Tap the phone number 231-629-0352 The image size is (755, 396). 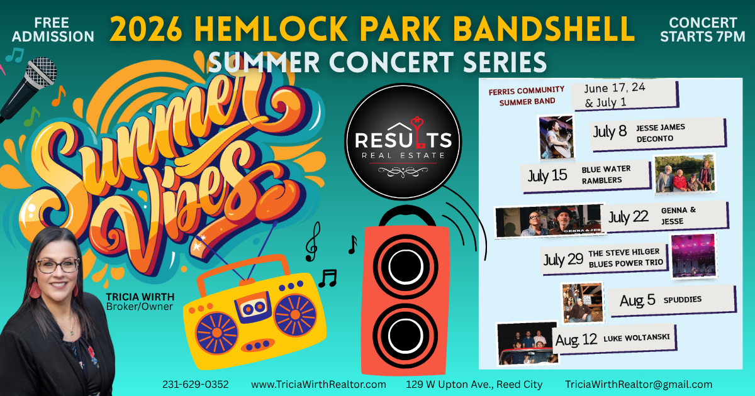point(196,384)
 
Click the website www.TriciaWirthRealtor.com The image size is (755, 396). point(318,384)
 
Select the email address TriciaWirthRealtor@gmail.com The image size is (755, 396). point(639,384)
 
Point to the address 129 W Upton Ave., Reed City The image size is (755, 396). point(474,384)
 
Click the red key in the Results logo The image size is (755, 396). point(418,132)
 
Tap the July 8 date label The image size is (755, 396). point(610,131)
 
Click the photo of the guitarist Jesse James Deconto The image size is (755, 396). point(556,137)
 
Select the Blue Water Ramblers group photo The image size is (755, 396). point(685,173)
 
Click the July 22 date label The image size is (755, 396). point(629,217)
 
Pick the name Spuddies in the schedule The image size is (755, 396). point(683,300)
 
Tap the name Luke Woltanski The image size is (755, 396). point(636,338)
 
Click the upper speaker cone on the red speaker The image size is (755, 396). point(405,267)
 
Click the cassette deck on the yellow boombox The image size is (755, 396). point(253,307)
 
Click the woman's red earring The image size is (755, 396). point(35,289)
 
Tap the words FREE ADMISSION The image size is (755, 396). point(53,30)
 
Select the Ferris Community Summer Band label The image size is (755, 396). point(527,96)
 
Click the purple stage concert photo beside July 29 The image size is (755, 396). point(693,256)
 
